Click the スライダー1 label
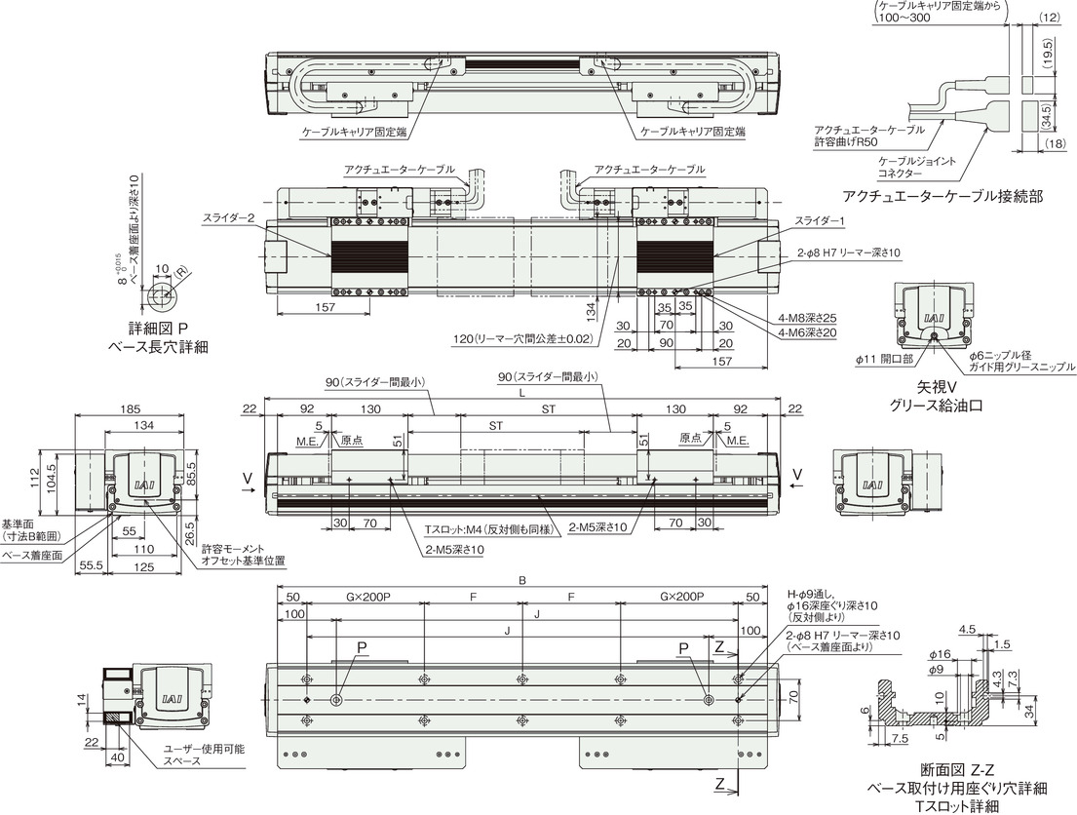(820, 221)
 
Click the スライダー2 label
(229, 217)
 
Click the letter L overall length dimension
(522, 393)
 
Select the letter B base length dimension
(522, 581)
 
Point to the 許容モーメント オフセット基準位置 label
(243, 555)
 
